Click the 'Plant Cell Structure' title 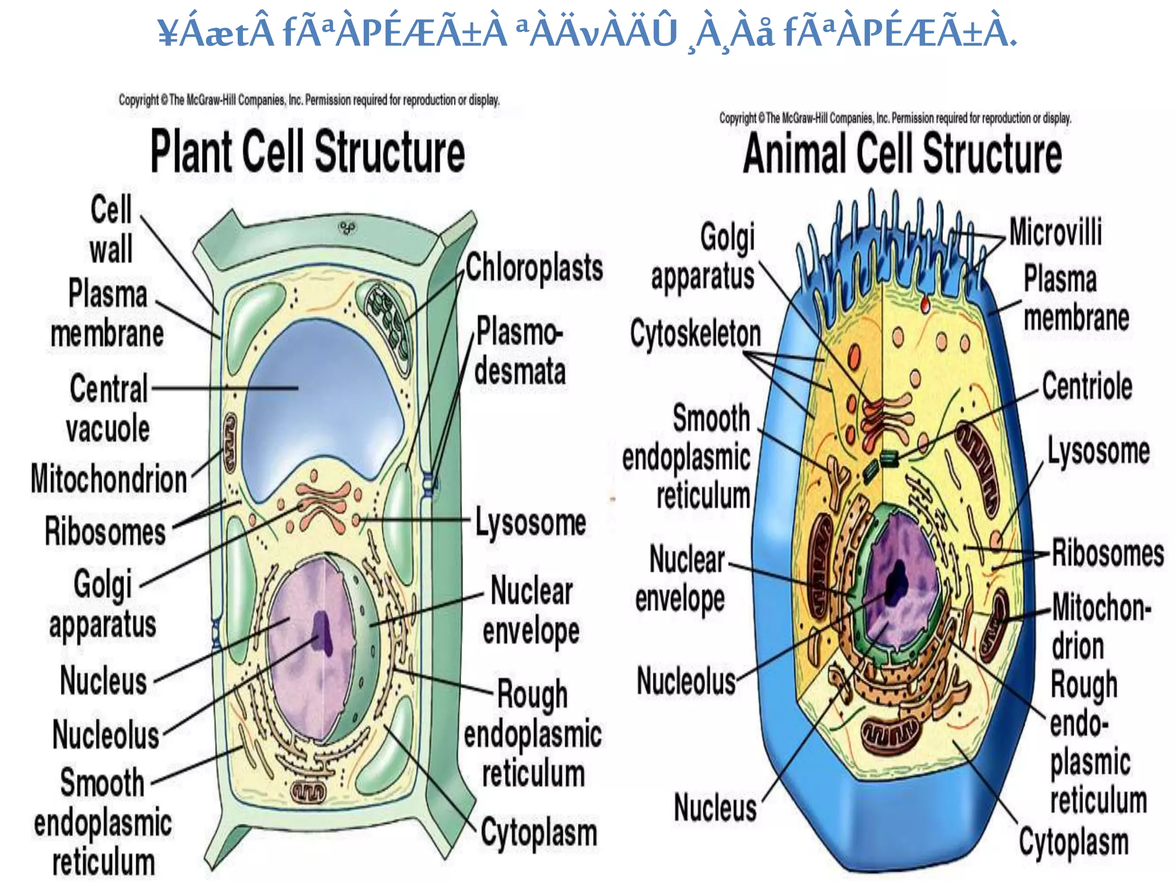click(x=307, y=152)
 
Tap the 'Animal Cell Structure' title click(x=902, y=153)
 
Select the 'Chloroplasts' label click(x=534, y=268)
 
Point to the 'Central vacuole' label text click(x=109, y=408)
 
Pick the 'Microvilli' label click(x=1055, y=233)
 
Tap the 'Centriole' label click(x=1087, y=386)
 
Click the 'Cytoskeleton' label click(x=695, y=334)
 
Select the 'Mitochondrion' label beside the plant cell click(x=109, y=479)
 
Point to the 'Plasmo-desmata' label click(x=519, y=351)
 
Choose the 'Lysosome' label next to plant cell click(x=531, y=523)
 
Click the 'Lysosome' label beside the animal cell click(x=1098, y=451)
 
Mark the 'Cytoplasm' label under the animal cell click(x=1074, y=842)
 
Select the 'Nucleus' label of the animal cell click(x=715, y=807)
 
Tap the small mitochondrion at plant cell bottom click(x=308, y=793)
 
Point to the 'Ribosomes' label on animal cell click(x=1108, y=553)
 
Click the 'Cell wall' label click(x=111, y=229)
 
